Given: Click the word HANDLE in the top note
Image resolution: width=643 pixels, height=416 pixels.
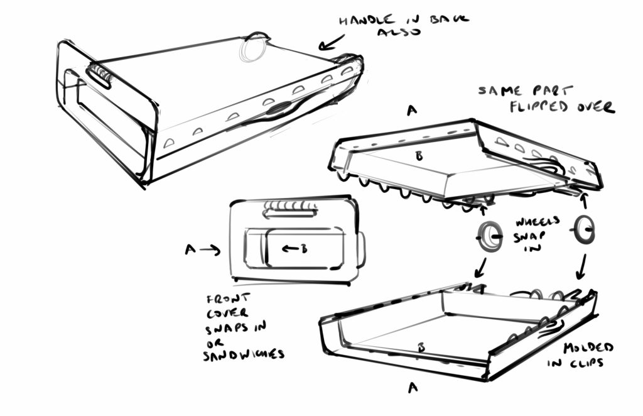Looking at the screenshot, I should coord(361,20).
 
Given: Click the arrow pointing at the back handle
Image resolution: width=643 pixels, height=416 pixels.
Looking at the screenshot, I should coord(331,43).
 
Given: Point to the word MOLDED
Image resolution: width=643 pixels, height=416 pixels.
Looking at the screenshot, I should coord(588,348).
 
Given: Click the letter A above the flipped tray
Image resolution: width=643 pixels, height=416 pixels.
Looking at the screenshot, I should coord(411,111).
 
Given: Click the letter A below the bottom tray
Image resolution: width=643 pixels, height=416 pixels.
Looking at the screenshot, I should coord(413,388).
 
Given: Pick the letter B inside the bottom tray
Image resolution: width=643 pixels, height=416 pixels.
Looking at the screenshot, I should coord(419,346).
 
